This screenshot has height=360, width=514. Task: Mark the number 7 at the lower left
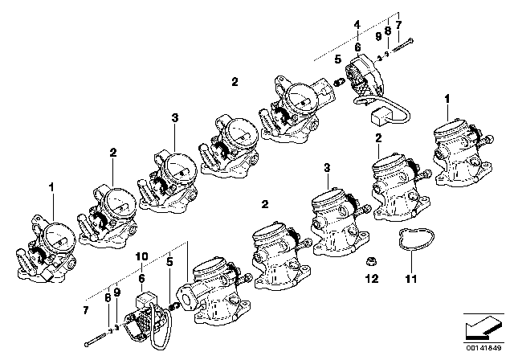[87, 309]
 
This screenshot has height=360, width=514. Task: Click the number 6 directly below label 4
[357, 48]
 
